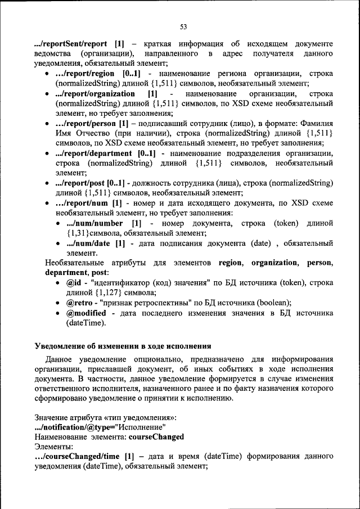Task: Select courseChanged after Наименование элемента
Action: pyautogui.click(x=156, y=436)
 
